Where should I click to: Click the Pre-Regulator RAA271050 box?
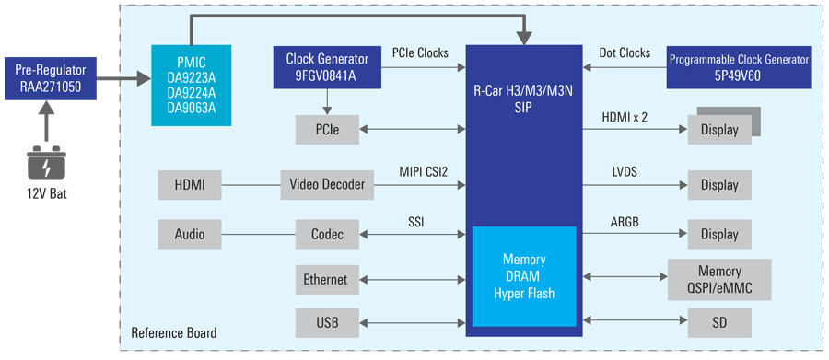click(x=51, y=78)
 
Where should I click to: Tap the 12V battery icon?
click(x=48, y=162)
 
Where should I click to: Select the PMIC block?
click(x=192, y=85)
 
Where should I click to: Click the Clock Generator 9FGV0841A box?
click(x=327, y=67)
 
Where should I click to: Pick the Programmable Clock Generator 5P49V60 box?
click(x=739, y=67)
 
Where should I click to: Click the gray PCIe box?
click(x=327, y=129)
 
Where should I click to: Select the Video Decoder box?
click(x=327, y=185)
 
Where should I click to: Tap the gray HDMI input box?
click(x=190, y=185)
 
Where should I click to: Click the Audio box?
click(x=190, y=234)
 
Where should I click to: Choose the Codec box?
click(x=327, y=234)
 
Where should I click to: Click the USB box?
click(x=327, y=322)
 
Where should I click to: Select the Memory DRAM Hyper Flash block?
click(x=524, y=276)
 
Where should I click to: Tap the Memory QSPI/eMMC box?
click(x=719, y=280)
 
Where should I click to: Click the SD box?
click(x=719, y=322)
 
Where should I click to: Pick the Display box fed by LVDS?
click(x=719, y=185)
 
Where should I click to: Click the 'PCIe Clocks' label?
click(x=420, y=52)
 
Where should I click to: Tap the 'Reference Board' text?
click(x=174, y=333)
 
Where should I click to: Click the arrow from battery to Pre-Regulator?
click(x=47, y=122)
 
